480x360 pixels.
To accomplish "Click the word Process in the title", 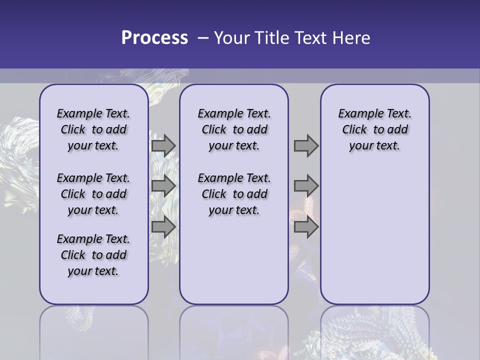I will coord(154,38).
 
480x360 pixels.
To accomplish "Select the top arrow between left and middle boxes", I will coord(163,145).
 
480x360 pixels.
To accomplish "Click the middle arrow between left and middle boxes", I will coord(163,186).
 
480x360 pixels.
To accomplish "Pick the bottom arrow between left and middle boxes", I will coord(163,227).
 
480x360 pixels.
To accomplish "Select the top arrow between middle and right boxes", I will coord(306,145).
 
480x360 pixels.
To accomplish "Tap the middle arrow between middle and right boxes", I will coord(306,186).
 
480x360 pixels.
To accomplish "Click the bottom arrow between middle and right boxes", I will coord(306,227).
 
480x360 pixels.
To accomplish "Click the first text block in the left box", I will coord(93,129).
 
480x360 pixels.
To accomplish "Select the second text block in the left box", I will coord(93,194).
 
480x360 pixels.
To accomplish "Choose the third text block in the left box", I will coord(93,255).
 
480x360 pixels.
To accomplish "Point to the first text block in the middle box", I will coord(234,129).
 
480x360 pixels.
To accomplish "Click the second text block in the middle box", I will coord(234,194).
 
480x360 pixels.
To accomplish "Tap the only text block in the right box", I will coord(374,129).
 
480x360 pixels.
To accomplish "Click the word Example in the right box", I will coord(358,114).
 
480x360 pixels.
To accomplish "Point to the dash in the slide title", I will coord(202,38).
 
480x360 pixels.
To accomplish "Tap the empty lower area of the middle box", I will coord(234,260).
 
